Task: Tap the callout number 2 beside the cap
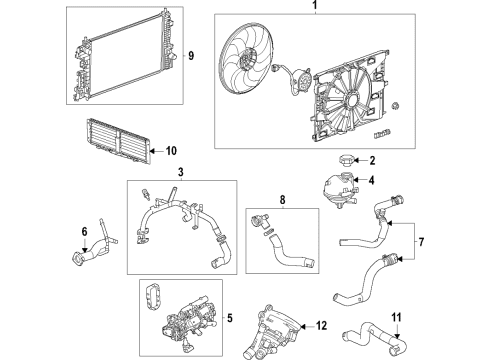pos(371,160)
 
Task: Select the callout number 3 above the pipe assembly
pos(180,174)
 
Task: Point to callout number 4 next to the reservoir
pos(371,181)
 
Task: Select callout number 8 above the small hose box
pos(282,200)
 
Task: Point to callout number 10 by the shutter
pos(171,151)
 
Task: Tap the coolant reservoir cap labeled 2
pos(344,159)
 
